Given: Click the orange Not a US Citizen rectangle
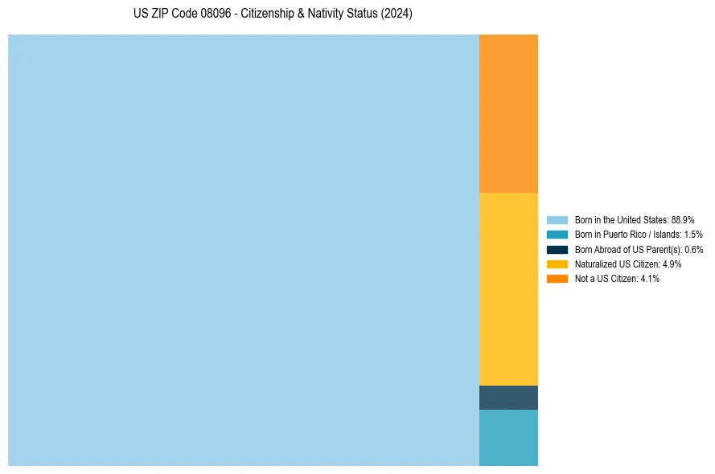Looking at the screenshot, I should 508,113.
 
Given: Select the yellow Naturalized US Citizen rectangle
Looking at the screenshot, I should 508,289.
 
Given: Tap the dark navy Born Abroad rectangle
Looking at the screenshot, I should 508,398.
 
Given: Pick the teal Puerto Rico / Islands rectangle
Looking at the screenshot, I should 508,438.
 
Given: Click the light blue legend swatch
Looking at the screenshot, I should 557,219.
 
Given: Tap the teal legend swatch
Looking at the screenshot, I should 557,235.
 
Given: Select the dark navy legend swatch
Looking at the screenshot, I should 557,249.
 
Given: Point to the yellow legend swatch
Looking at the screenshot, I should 557,264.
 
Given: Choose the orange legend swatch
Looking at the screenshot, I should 557,278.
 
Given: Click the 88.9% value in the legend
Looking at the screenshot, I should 682,219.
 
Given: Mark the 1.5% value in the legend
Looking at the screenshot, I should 692,235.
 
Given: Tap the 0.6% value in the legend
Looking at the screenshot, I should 692,249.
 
